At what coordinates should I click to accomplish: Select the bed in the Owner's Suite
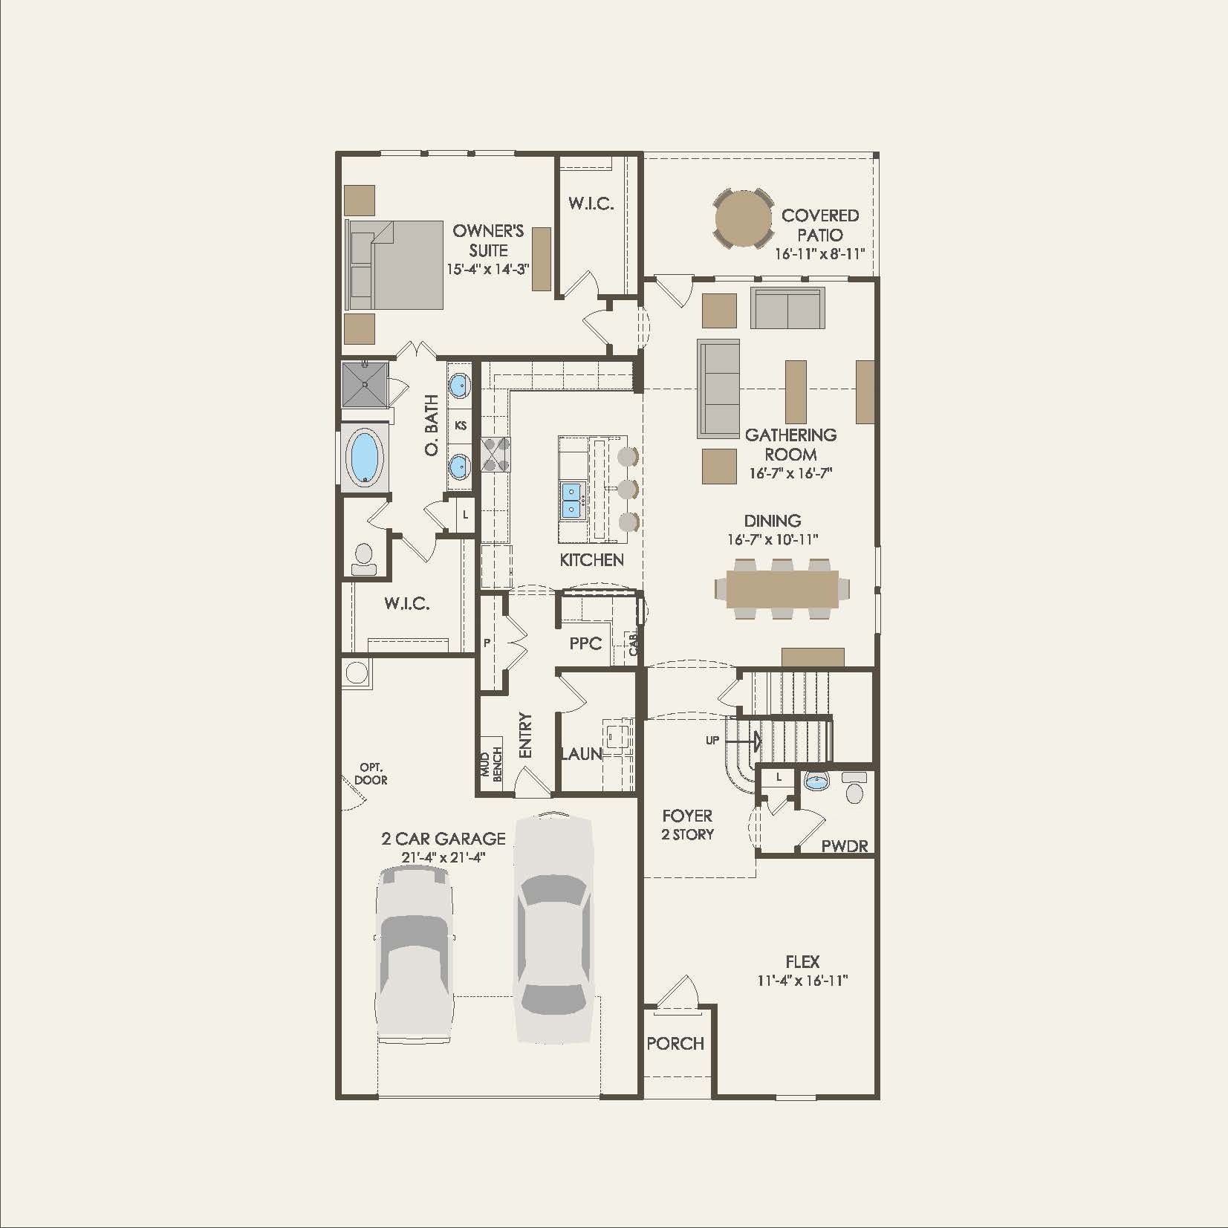coord(396,264)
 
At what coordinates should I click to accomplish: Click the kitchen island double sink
coord(571,499)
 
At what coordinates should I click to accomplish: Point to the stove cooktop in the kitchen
coord(496,454)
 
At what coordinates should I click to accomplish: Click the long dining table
coord(782,589)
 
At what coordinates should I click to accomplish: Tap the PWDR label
coord(845,846)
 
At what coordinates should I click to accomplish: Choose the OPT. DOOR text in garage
coord(371,773)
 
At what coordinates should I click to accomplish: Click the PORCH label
coord(675,1043)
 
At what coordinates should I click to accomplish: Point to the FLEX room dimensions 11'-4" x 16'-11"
coord(802,980)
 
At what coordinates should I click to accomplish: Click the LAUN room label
coord(581,753)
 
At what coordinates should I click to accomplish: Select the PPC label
coord(585,643)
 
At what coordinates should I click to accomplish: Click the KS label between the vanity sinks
coord(461,426)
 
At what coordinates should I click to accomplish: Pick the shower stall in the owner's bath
coord(365,384)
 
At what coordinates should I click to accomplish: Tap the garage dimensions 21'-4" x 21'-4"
coord(444,857)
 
